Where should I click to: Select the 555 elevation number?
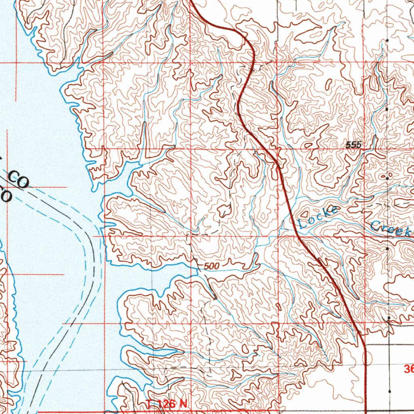coord(353,145)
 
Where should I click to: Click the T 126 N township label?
coord(167,403)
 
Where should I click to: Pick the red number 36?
coord(408,369)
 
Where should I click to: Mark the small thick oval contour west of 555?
coord(308,145)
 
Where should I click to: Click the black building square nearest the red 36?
coord(389,391)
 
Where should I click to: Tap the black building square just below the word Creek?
coord(388,249)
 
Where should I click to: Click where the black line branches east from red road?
coord(366,345)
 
